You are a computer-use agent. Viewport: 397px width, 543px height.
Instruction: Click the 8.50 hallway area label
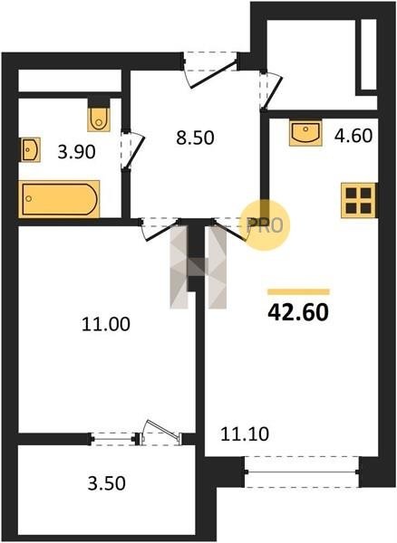pyautogui.click(x=195, y=138)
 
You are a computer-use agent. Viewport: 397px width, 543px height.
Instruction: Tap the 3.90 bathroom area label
pyautogui.click(x=76, y=152)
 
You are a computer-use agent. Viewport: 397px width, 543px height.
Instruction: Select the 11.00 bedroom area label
pyautogui.click(x=106, y=325)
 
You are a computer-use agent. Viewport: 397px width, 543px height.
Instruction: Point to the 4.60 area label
pyautogui.click(x=353, y=136)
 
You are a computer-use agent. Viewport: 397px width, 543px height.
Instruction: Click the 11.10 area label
pyautogui.click(x=245, y=433)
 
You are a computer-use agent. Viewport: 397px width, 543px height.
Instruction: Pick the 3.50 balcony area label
pyautogui.click(x=106, y=483)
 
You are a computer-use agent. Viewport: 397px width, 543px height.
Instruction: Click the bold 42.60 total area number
pyautogui.click(x=298, y=312)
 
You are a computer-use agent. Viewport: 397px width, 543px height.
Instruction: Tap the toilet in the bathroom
pyautogui.click(x=99, y=119)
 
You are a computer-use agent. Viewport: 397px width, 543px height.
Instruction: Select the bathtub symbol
pyautogui.click(x=59, y=199)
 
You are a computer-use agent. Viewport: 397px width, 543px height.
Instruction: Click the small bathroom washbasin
pyautogui.click(x=31, y=149)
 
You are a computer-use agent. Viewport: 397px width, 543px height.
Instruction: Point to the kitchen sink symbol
pyautogui.click(x=305, y=133)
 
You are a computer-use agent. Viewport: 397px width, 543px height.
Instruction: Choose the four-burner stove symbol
pyautogui.click(x=359, y=201)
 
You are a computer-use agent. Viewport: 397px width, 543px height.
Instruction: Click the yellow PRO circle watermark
pyautogui.click(x=265, y=225)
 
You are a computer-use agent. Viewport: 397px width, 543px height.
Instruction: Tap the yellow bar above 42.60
pyautogui.click(x=298, y=292)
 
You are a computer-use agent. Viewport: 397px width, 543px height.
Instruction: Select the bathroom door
pyautogui.click(x=132, y=150)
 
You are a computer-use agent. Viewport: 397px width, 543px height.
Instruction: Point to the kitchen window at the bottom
pyautogui.click(x=302, y=472)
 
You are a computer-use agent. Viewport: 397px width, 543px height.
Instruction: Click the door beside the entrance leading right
pyautogui.click(x=271, y=90)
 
